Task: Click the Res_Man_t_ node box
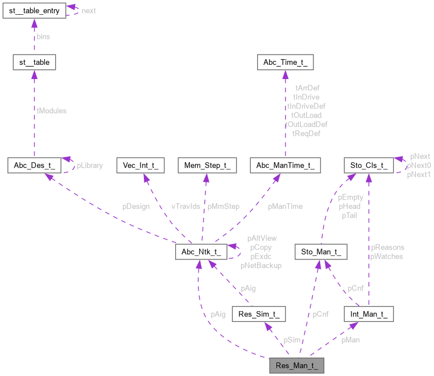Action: pyautogui.click(x=296, y=365)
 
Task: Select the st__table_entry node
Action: pyautogui.click(x=34, y=10)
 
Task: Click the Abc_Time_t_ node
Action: pyautogui.click(x=285, y=62)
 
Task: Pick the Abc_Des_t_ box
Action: pyautogui.click(x=34, y=166)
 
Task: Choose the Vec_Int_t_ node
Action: pyautogui.click(x=140, y=166)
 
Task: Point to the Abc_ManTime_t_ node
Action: pyautogui.click(x=285, y=166)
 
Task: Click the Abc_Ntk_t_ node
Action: pyautogui.click(x=202, y=251)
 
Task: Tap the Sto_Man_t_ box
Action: pyautogui.click(x=321, y=251)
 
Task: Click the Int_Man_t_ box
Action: pyautogui.click(x=369, y=313)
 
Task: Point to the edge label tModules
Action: pyautogui.click(x=51, y=111)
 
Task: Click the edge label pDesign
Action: pyautogui.click(x=136, y=206)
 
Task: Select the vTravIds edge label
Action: pyautogui.click(x=186, y=206)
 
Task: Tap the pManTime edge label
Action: pyautogui.click(x=285, y=206)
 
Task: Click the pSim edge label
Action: pyautogui.click(x=292, y=340)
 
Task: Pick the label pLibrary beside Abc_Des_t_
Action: pyautogui.click(x=90, y=166)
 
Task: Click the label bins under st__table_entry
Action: pyautogui.click(x=44, y=36)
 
